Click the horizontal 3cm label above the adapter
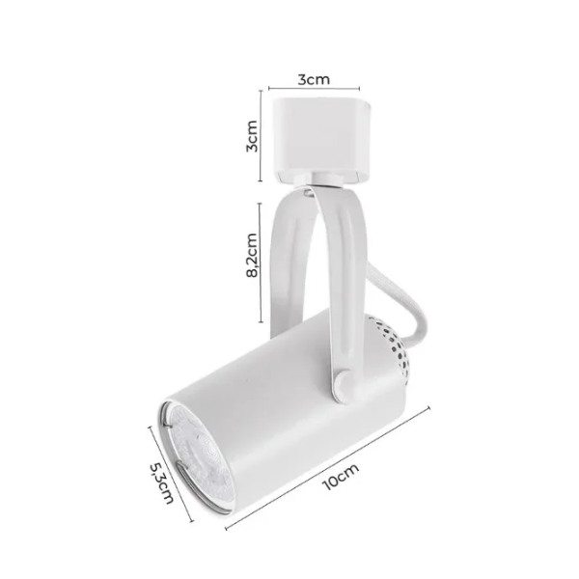(314, 79)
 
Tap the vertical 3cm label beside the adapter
(252, 136)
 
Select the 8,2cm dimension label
(252, 255)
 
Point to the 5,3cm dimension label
(161, 482)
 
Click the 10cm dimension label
(341, 476)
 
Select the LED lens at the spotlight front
(198, 457)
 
